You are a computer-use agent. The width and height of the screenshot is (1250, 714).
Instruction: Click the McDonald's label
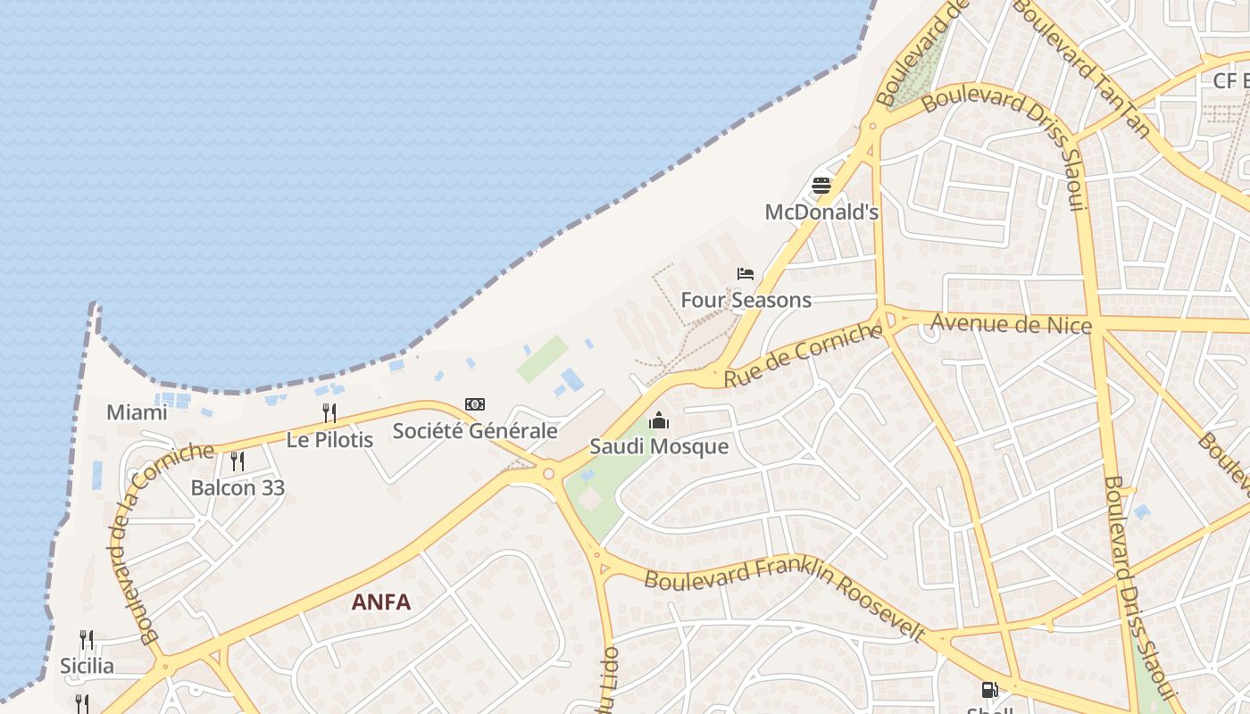(x=821, y=212)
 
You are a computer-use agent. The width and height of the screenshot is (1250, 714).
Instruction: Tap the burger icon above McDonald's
(x=821, y=186)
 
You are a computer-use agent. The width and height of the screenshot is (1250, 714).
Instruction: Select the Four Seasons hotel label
(x=746, y=300)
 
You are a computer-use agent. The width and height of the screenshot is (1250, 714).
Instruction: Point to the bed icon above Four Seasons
(x=746, y=273)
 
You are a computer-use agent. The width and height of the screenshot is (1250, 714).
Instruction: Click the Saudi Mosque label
(x=659, y=446)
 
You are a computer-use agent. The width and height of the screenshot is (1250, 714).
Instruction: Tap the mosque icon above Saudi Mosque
(x=659, y=419)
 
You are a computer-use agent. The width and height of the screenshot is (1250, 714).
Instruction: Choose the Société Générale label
(x=475, y=431)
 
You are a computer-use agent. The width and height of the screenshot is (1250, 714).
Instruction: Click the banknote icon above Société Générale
(x=475, y=404)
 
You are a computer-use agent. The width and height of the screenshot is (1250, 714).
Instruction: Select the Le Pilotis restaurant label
(x=329, y=439)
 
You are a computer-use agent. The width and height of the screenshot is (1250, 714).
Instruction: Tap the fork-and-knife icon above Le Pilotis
(x=329, y=412)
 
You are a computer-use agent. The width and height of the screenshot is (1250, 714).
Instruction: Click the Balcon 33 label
(x=237, y=488)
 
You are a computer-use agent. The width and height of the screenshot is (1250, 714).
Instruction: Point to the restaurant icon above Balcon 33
(x=237, y=461)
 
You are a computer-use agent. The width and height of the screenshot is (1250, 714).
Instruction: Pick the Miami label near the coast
(x=137, y=412)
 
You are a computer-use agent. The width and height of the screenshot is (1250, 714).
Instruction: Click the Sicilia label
(x=87, y=666)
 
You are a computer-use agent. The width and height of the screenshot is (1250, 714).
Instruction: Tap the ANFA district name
(x=381, y=602)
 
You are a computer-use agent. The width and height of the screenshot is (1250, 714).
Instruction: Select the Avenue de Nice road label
(x=1011, y=323)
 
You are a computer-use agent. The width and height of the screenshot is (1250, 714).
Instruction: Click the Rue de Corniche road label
(x=802, y=355)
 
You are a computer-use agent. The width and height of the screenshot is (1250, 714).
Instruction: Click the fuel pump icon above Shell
(x=989, y=689)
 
